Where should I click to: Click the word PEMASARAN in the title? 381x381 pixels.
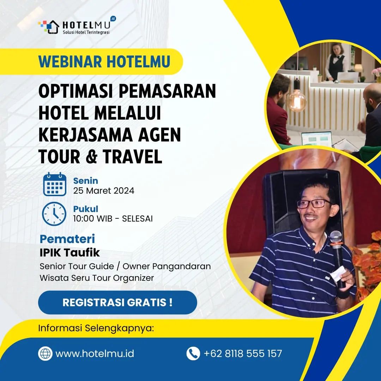click(x=167, y=91)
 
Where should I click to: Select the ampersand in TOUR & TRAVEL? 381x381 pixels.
click(x=91, y=157)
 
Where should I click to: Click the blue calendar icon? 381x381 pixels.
click(x=55, y=185)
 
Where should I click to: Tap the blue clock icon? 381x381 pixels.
click(x=54, y=214)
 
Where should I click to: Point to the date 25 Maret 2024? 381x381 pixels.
click(x=104, y=191)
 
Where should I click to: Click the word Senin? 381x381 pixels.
click(x=85, y=181)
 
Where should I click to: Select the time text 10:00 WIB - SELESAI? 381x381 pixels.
click(x=113, y=219)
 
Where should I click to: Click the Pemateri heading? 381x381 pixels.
click(x=67, y=239)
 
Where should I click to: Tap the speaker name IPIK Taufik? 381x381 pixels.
click(x=70, y=253)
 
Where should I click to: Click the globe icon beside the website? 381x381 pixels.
click(x=45, y=353)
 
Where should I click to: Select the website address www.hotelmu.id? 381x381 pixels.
click(x=95, y=353)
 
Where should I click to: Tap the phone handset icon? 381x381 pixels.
click(x=193, y=353)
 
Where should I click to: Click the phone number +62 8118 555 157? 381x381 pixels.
click(x=243, y=353)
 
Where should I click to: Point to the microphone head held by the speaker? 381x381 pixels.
click(x=335, y=237)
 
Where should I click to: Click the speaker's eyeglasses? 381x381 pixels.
click(x=314, y=204)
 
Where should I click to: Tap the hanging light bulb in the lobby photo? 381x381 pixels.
click(x=296, y=101)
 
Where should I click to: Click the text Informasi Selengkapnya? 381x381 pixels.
click(x=96, y=328)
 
